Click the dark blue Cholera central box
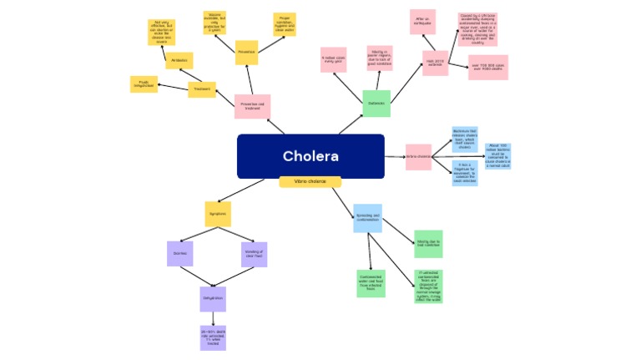[310, 156]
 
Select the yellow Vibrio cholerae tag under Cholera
[310, 182]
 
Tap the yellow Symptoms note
[218, 214]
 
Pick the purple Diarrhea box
[179, 253]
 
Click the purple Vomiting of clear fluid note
[254, 253]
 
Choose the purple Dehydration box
[212, 298]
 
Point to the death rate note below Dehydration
[212, 337]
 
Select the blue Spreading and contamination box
[367, 218]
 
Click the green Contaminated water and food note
[371, 283]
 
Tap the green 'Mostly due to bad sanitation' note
[428, 244]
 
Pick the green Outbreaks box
[376, 104]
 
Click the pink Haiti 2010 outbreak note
[435, 63]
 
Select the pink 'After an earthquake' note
[422, 22]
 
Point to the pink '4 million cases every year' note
[333, 60]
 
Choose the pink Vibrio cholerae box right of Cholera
[418, 157]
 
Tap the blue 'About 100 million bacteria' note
[498, 156]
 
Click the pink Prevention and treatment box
[252, 106]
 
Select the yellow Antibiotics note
[179, 61]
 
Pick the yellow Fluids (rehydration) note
[144, 84]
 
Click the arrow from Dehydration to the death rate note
[212, 318]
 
